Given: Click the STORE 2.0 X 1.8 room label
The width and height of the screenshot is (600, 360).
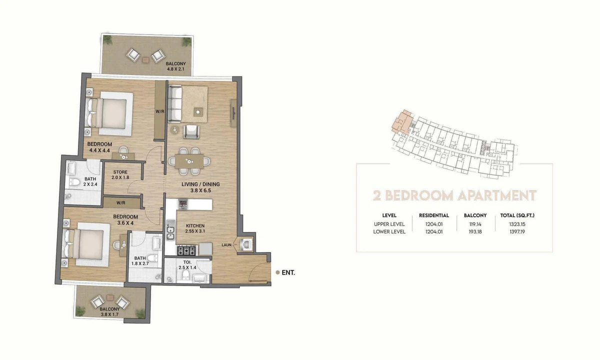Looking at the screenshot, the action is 120,174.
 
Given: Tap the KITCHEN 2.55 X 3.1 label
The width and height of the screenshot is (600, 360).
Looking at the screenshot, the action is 195,228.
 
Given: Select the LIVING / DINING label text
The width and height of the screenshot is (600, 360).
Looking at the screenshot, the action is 200,184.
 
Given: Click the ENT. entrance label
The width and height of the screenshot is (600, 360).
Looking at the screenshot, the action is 288,272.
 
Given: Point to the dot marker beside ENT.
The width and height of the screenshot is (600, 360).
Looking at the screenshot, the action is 278,272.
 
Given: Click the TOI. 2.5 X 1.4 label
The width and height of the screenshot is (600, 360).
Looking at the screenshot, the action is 187,265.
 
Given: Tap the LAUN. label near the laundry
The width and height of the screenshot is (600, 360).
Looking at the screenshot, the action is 226,245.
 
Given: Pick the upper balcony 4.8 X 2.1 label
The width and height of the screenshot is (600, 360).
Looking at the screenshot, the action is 175,66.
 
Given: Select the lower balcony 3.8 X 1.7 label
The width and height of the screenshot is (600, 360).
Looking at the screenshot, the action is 109,312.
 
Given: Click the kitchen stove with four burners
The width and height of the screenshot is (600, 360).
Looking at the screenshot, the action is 186,250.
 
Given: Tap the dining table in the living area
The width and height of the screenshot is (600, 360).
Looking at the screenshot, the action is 189,161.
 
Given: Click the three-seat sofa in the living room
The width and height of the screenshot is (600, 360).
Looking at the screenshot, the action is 175,104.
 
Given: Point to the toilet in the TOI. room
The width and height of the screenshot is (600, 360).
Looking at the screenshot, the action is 185,275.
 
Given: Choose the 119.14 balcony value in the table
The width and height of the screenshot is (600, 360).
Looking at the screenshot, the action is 475,224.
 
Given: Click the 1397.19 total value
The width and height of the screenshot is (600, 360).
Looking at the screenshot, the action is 517,231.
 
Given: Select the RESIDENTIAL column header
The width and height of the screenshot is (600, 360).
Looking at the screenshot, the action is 434,215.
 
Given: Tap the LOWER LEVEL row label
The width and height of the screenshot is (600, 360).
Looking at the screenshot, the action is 389,231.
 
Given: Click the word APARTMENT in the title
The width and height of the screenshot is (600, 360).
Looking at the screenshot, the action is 496,195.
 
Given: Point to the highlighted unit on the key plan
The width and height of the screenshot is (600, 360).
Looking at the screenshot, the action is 402,122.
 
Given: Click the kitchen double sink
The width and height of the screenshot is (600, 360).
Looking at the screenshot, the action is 170,230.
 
